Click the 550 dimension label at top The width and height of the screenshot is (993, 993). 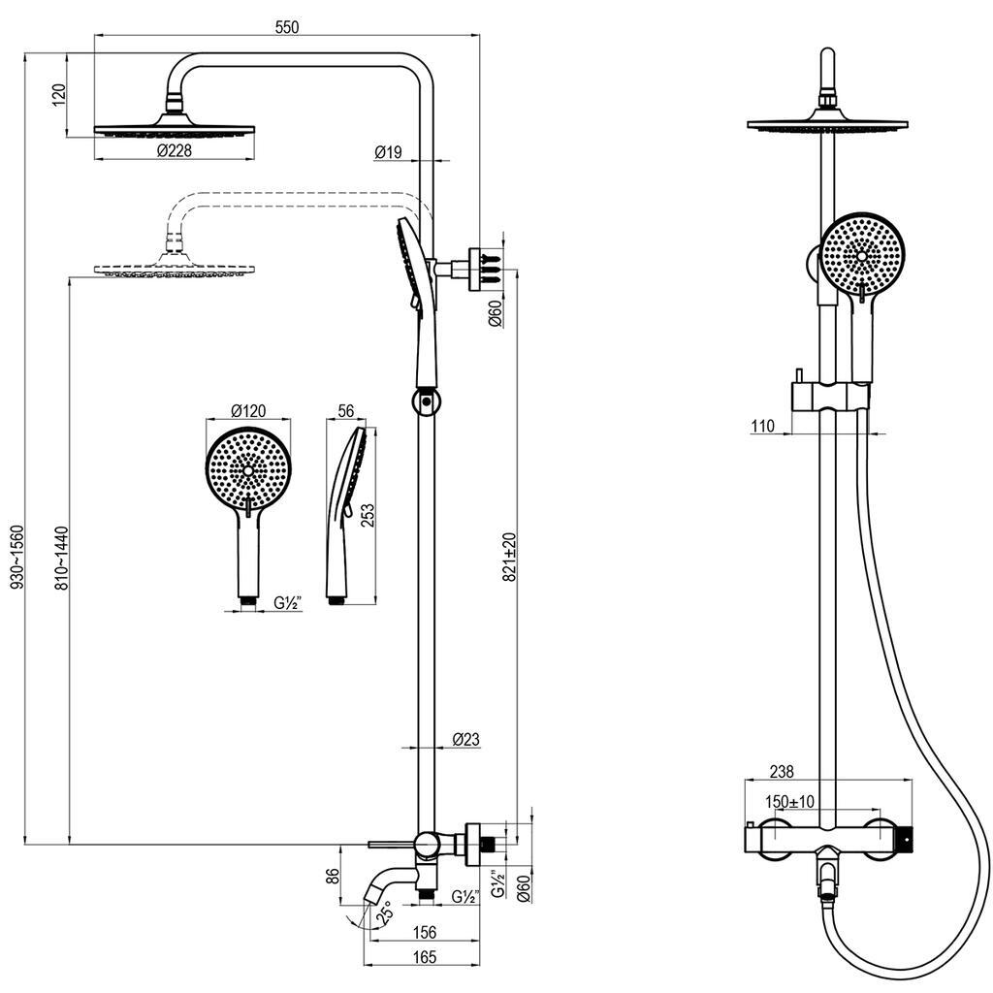click(x=287, y=27)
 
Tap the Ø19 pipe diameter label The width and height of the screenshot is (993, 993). click(x=388, y=152)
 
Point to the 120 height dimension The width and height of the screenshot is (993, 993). click(x=59, y=95)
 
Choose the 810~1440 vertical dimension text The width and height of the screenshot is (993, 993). click(x=61, y=558)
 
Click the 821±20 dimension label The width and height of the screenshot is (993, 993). click(x=510, y=557)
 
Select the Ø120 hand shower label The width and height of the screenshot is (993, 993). click(x=248, y=411)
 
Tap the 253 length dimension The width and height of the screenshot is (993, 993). click(x=368, y=515)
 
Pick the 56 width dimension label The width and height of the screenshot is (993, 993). click(x=346, y=411)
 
